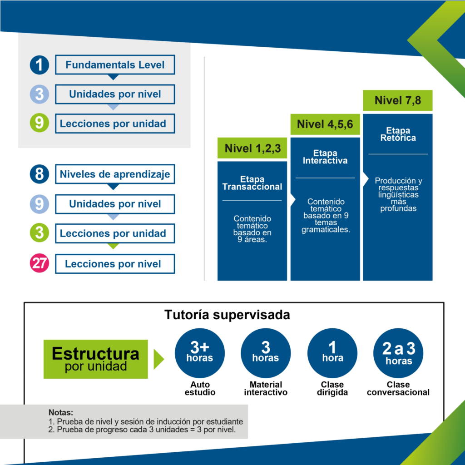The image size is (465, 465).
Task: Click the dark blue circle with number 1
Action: coord(40,65)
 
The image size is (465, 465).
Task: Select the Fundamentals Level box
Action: coord(115,64)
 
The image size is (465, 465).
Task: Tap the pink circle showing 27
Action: coord(40,263)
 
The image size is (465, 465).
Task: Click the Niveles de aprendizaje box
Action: coord(115,174)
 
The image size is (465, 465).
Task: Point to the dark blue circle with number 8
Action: coord(40,174)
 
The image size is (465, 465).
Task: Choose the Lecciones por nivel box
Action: coord(115,264)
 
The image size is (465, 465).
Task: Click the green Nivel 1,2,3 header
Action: coord(252,148)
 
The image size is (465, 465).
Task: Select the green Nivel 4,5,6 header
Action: coord(325,124)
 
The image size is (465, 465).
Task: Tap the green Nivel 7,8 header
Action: coord(398,100)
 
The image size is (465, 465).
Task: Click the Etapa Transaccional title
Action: coord(252,183)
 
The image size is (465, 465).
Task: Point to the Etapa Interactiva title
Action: coord(325,157)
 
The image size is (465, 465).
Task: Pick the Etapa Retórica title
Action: coord(398,134)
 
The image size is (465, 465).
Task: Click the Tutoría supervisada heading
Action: coord(227,315)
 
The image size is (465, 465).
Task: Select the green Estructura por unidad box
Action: coord(95,359)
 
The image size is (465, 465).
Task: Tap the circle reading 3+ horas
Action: coord(200,353)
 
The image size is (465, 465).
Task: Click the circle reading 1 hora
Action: coord(332,353)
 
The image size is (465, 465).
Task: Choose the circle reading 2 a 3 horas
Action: coord(398,353)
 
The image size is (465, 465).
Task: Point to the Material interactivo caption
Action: coord(266,389)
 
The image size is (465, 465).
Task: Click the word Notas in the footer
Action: coord(60,412)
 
